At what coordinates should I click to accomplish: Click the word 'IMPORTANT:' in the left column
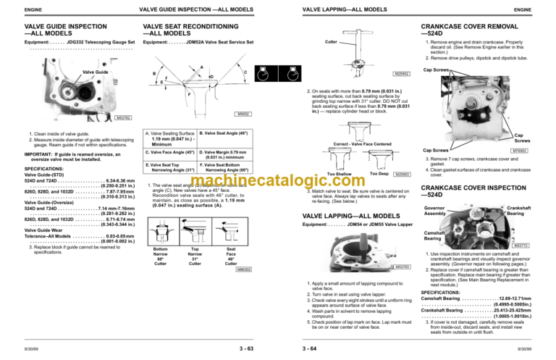[x=40, y=154]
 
